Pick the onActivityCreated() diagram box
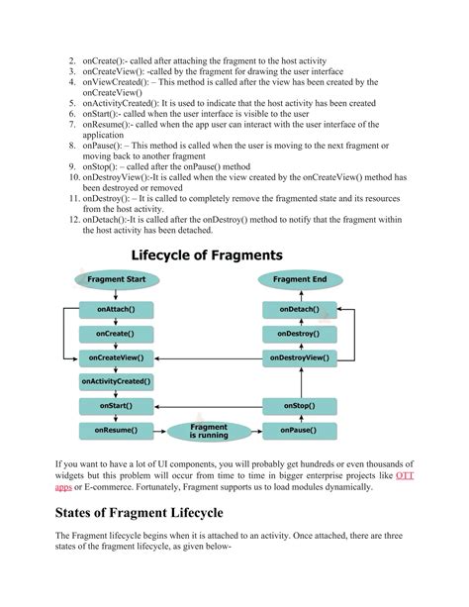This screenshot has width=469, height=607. tap(116, 381)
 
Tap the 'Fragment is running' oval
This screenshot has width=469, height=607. tap(208, 431)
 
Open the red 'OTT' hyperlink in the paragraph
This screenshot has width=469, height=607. tap(405, 476)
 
